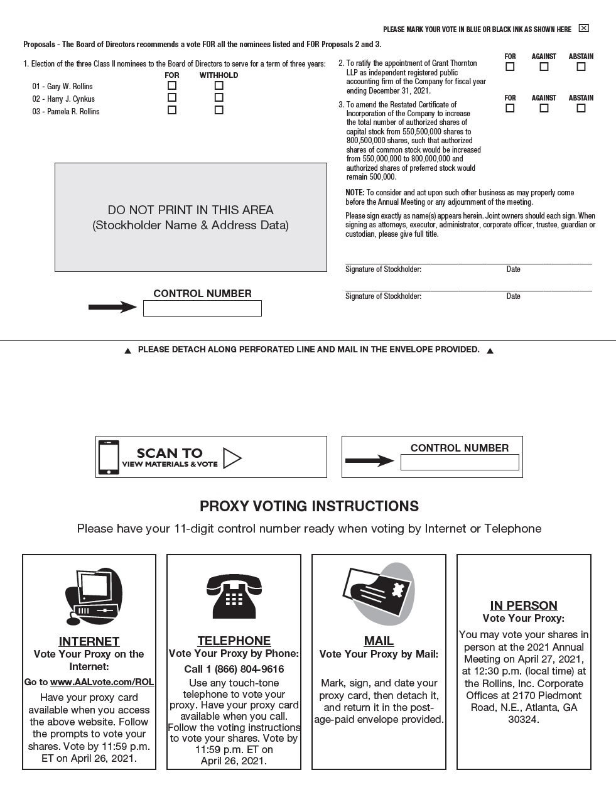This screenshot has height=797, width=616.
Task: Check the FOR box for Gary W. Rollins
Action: [x=172, y=85]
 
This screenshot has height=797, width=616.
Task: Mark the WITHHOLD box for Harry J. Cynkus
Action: [x=219, y=97]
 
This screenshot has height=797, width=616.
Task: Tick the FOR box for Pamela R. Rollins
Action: [x=172, y=110]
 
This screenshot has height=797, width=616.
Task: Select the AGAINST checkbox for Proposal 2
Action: [x=544, y=67]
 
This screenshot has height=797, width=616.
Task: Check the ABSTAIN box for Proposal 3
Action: [x=581, y=108]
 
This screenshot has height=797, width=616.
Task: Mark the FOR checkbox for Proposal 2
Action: [x=510, y=67]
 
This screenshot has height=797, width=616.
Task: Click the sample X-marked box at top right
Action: [x=583, y=28]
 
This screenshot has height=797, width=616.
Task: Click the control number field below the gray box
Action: [x=202, y=308]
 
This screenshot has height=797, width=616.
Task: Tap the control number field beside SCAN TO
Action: [x=460, y=462]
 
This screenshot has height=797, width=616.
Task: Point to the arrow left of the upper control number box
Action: [x=112, y=307]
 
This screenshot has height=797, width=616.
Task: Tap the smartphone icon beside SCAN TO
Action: [x=109, y=457]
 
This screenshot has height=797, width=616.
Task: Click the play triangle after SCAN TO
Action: [x=232, y=458]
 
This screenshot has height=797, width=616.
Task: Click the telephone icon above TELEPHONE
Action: [x=234, y=596]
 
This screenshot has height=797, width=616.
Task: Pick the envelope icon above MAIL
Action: [x=379, y=594]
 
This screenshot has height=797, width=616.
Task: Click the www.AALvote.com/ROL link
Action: [x=102, y=682]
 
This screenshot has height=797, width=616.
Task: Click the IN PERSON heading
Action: [x=524, y=605]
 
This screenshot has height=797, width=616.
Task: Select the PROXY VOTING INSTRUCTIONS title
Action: [x=309, y=506]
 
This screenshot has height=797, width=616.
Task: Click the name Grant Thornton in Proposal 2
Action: [x=454, y=63]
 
